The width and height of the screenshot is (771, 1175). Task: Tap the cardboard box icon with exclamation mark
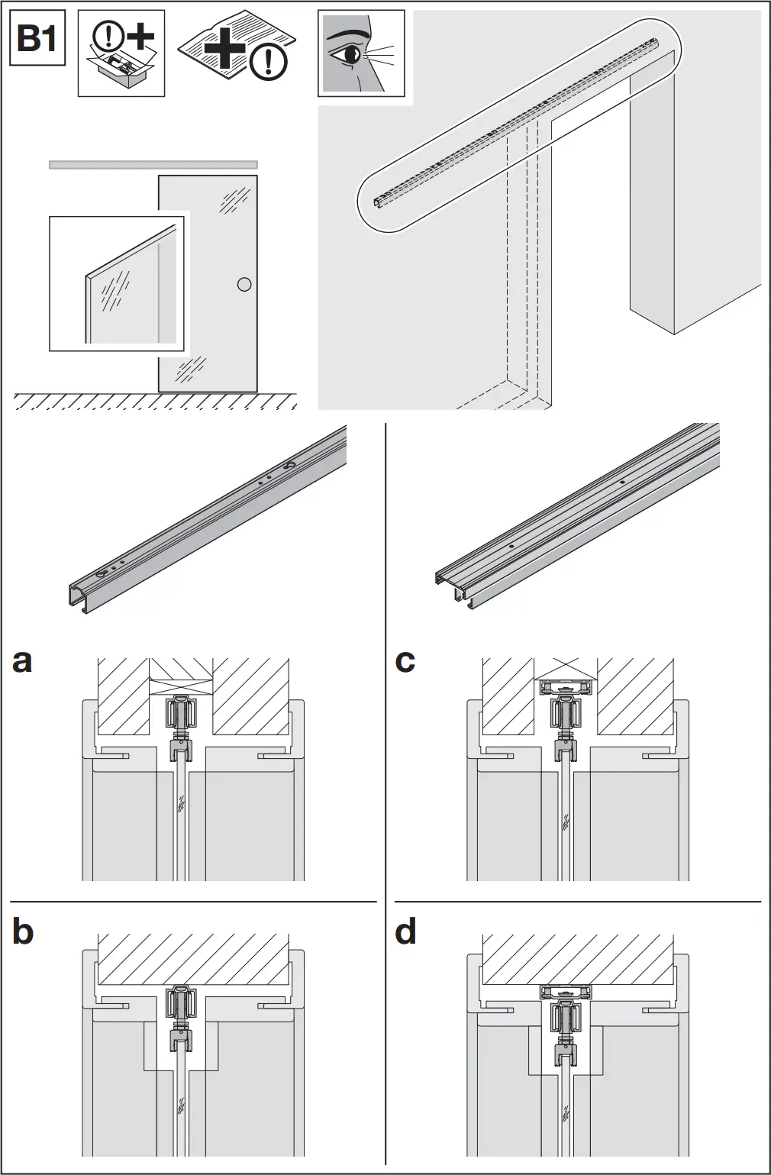pos(121,53)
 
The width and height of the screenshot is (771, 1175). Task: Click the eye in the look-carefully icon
pos(353,54)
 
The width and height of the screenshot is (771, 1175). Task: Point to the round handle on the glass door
pos(244,285)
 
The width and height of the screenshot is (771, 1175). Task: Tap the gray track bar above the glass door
pos(153,164)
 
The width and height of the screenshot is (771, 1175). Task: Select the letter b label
pos(23,931)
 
